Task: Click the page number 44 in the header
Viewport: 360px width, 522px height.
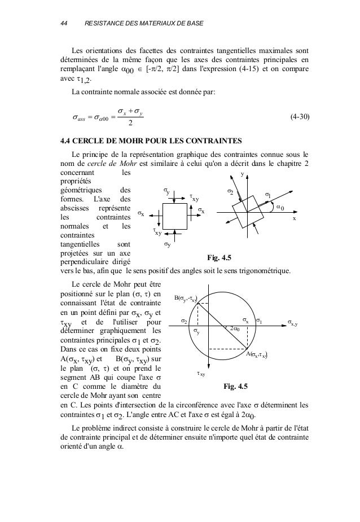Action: pyautogui.click(x=64, y=24)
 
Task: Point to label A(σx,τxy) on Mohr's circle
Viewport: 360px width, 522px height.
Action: pyautogui.click(x=257, y=355)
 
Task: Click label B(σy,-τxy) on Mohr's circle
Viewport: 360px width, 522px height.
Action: pyautogui.click(x=186, y=298)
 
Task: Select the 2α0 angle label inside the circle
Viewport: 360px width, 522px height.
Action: pyautogui.click(x=234, y=328)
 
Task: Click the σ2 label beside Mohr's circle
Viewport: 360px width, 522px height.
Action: pyautogui.click(x=184, y=321)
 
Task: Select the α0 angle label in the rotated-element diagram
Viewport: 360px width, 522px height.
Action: pyautogui.click(x=279, y=207)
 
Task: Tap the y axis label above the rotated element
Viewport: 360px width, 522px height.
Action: pyautogui.click(x=243, y=174)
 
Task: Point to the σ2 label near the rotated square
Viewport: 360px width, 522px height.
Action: pyautogui.click(x=230, y=192)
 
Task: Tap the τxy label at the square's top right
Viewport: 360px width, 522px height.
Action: pyautogui.click(x=194, y=198)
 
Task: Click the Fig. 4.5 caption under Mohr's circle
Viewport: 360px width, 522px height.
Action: pyautogui.click(x=235, y=386)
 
